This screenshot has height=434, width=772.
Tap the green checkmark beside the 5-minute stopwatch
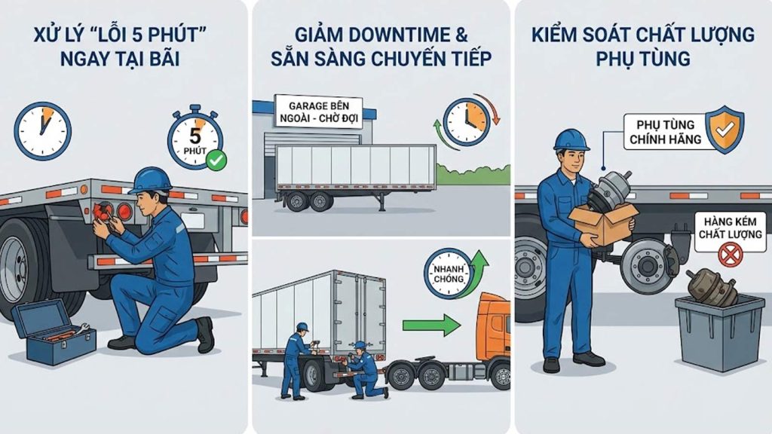point(217,159)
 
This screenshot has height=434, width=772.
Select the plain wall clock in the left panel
point(43,130)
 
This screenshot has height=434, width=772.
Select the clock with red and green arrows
point(466,121)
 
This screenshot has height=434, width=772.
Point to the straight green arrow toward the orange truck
point(430,325)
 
